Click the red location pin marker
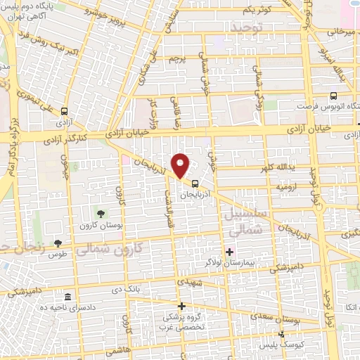[181, 165]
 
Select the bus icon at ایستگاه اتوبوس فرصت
[333, 96]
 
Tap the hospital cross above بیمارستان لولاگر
[230, 251]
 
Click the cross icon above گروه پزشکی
[181, 306]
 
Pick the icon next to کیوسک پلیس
[281, 334]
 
